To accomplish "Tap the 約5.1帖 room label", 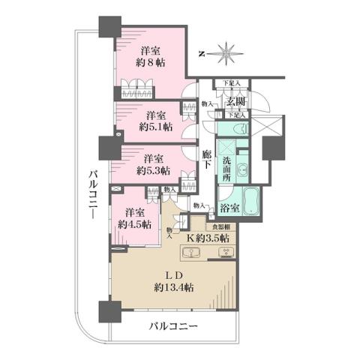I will click(156, 127).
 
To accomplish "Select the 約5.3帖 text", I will click(154, 169).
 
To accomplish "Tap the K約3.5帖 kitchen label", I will click(208, 238).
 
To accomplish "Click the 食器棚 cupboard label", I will click(220, 225).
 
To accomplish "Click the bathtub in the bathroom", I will click(250, 202).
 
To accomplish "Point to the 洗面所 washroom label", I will click(226, 163).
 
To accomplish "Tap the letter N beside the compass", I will click(202, 53).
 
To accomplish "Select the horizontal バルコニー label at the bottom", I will click(172, 328).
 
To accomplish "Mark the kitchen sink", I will click(193, 252).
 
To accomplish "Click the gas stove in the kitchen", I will click(225, 252).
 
